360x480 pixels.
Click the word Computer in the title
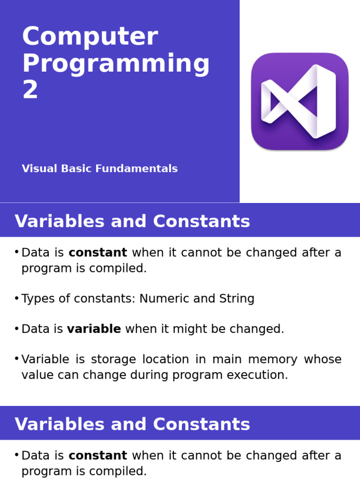pyautogui.click(x=90, y=37)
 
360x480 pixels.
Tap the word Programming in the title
pyautogui.click(x=116, y=64)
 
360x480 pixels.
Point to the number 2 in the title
pyautogui.click(x=30, y=90)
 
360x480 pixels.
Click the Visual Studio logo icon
pyautogui.click(x=300, y=101)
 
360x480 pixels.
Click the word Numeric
pyautogui.click(x=162, y=299)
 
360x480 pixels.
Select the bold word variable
pyautogui.click(x=94, y=329)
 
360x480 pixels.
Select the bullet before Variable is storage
pyautogui.click(x=16, y=359)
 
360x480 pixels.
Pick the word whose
pyautogui.click(x=322, y=360)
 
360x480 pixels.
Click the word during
pyautogui.click(x=149, y=375)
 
